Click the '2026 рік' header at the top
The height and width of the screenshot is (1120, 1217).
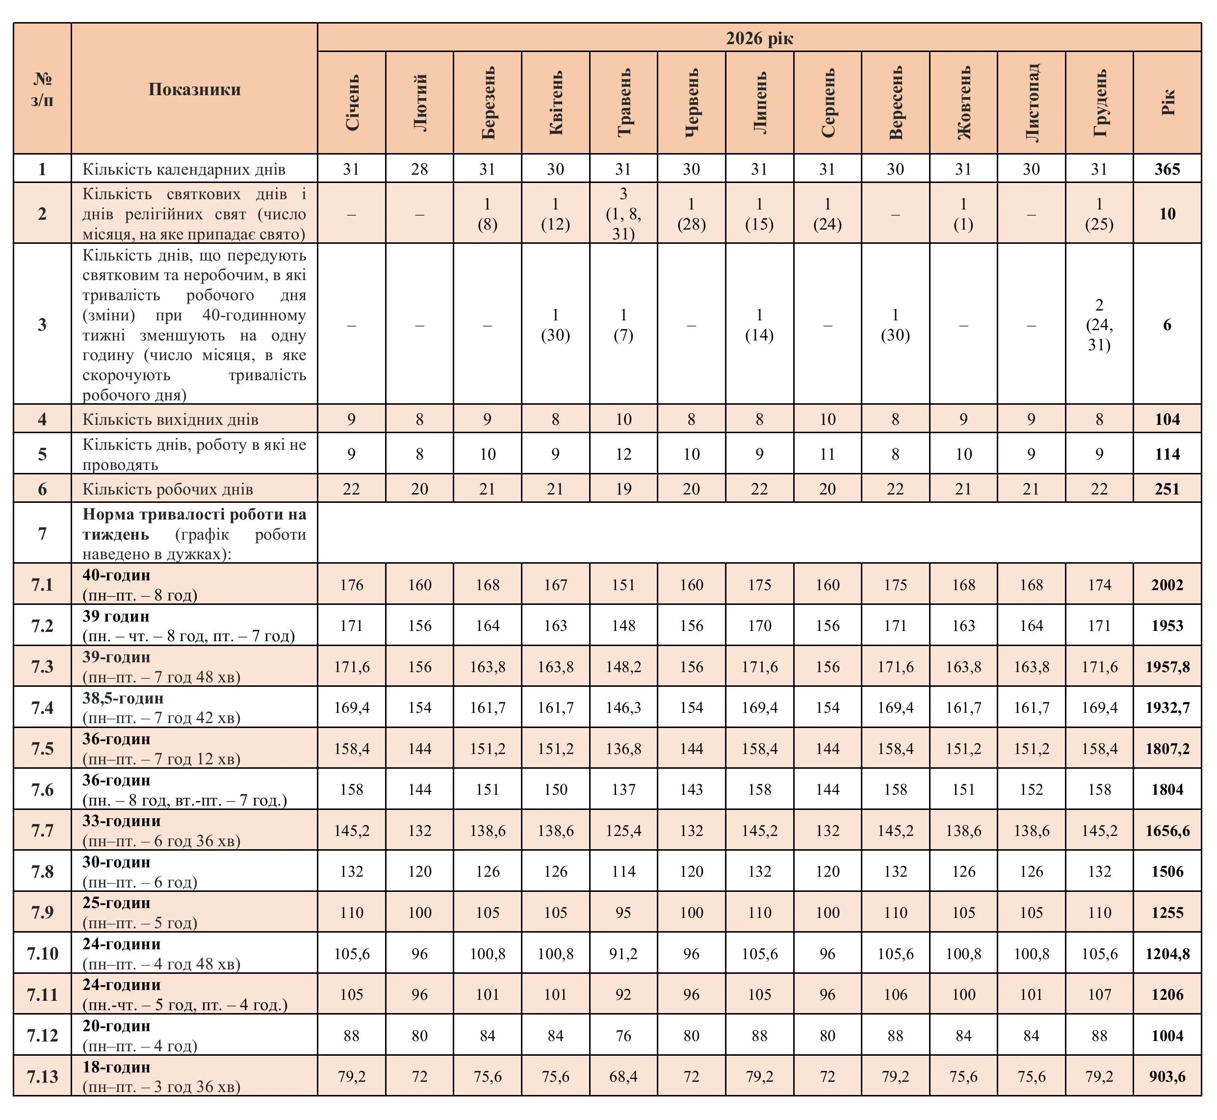(x=759, y=38)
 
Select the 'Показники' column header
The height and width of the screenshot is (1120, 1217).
(x=195, y=89)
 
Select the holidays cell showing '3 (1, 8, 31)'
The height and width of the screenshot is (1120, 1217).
(x=623, y=213)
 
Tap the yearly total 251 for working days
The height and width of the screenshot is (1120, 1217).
(x=1166, y=489)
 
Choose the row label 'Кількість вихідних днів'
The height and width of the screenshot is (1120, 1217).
(x=170, y=419)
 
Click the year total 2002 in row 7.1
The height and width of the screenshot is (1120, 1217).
(x=1166, y=585)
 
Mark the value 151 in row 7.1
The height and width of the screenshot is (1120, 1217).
(x=623, y=585)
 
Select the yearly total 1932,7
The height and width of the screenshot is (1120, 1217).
(x=1166, y=708)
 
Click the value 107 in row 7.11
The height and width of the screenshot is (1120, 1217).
(x=1099, y=994)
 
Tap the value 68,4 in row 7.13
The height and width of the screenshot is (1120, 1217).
(x=623, y=1077)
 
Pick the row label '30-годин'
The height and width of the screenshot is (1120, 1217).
(x=116, y=862)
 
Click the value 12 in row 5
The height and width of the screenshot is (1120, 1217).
(x=623, y=454)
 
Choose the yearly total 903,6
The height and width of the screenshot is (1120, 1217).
(x=1166, y=1077)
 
